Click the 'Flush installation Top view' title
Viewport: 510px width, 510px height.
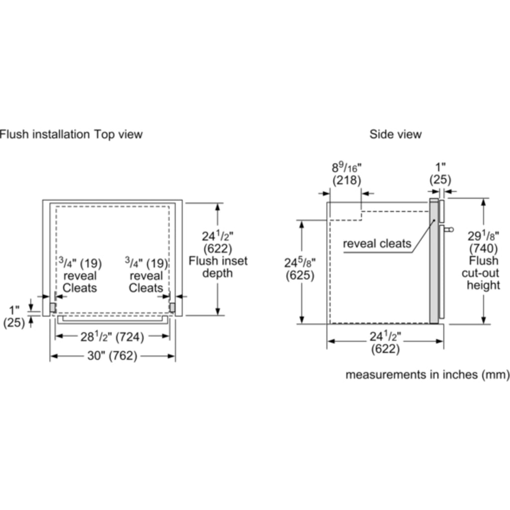tap(71, 134)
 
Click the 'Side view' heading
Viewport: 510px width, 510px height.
tap(395, 134)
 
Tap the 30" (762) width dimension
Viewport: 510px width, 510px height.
tap(113, 356)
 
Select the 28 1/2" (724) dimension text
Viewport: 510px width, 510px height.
tap(113, 337)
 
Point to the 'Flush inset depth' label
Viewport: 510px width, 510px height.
tap(218, 267)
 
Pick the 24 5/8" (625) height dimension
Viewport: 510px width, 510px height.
tap(300, 269)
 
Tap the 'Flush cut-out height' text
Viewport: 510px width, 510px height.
tap(483, 273)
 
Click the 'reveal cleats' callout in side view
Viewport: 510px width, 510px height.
tap(378, 244)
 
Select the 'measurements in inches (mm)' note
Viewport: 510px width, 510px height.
tap(427, 375)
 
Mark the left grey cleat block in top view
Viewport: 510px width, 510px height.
tap(52, 307)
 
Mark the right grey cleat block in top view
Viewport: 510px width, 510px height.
tap(172, 307)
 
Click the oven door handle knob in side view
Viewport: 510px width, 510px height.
tap(450, 230)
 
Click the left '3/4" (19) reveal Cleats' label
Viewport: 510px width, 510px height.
tap(80, 275)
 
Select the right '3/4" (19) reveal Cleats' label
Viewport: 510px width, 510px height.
tap(146, 275)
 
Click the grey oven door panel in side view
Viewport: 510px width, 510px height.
tap(434, 259)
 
